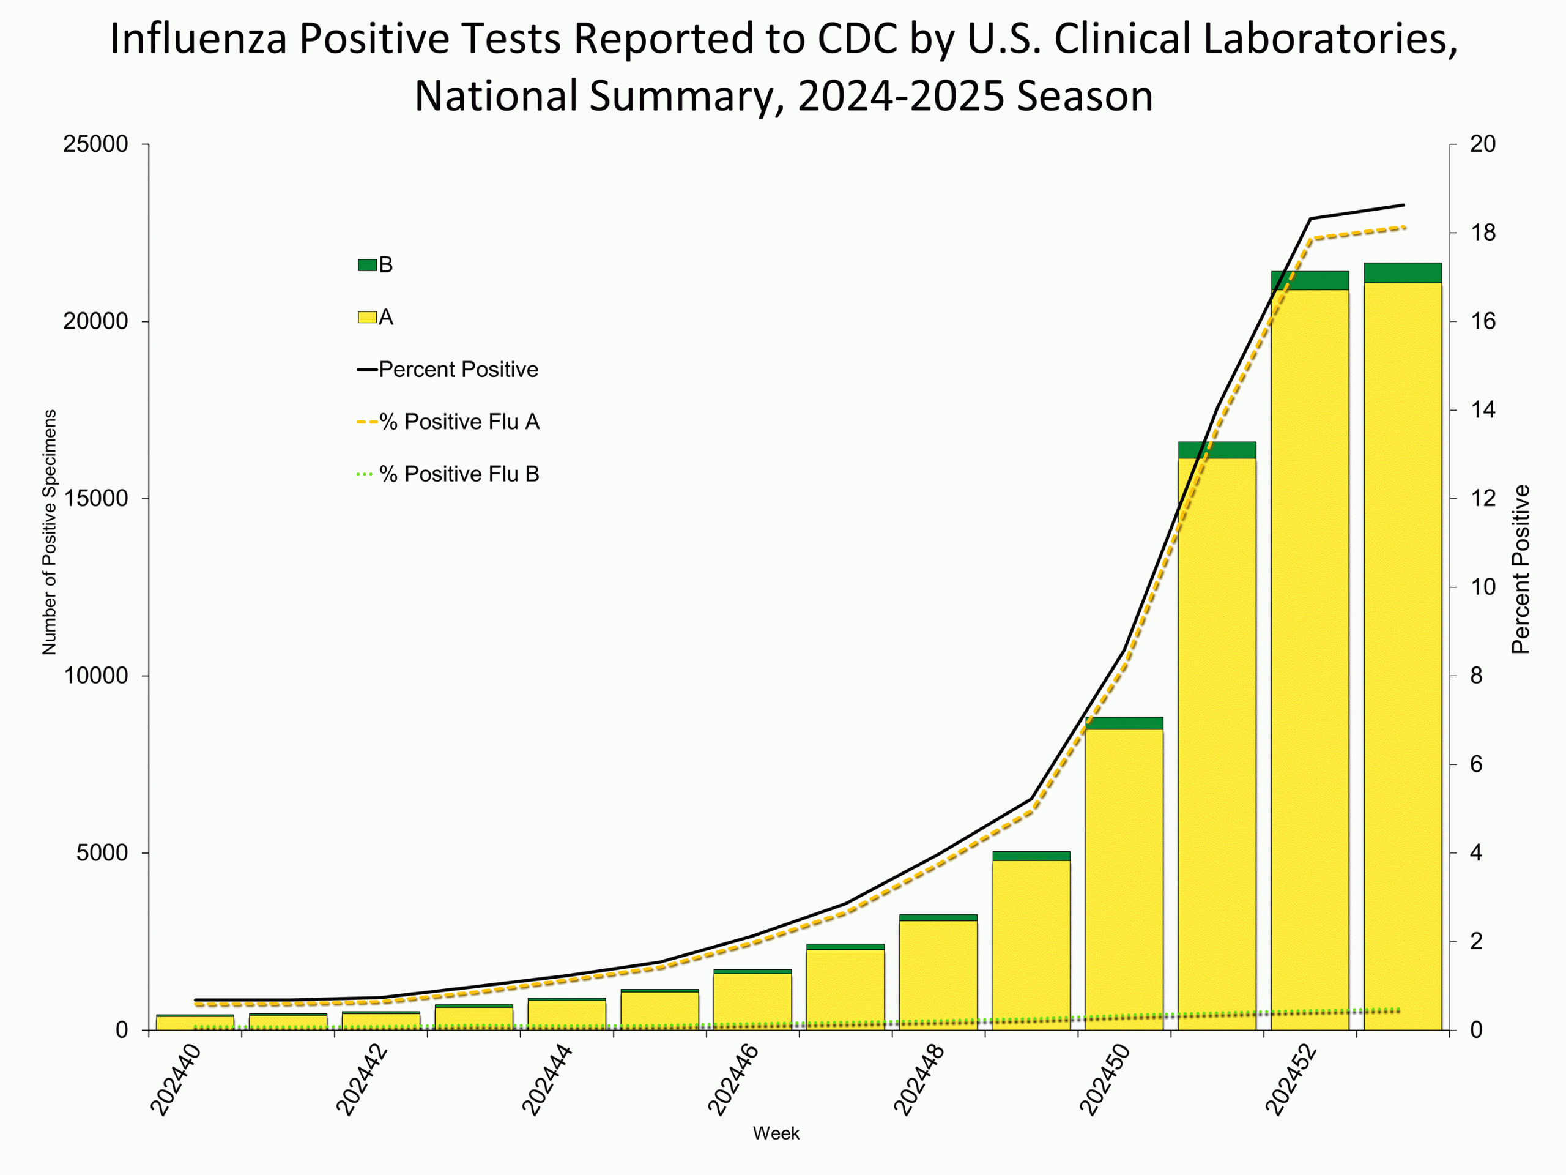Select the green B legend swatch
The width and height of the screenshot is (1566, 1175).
click(366, 265)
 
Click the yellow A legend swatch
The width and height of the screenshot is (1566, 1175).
click(366, 317)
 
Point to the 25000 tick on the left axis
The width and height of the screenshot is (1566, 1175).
click(95, 144)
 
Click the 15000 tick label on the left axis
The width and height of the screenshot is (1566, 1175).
click(95, 499)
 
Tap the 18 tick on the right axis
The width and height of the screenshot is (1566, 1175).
click(1482, 233)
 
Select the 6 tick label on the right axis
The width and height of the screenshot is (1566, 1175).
click(1476, 764)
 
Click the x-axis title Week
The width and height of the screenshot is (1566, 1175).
click(776, 1133)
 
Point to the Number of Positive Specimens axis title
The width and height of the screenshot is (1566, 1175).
click(49, 532)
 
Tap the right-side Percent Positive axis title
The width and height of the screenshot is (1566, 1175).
click(1521, 569)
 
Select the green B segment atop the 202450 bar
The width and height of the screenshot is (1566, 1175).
click(1124, 723)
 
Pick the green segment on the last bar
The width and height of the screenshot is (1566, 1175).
click(1403, 273)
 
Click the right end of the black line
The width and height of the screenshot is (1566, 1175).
click(1403, 206)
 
